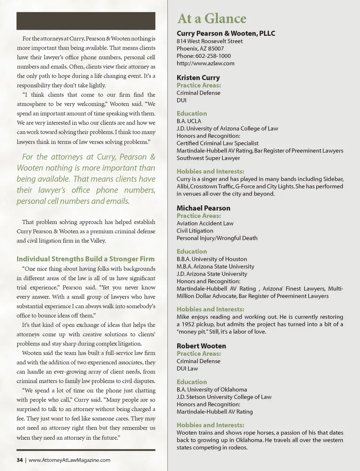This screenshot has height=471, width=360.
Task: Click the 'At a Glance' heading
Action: [211, 18]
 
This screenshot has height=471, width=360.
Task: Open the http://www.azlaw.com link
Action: [205, 63]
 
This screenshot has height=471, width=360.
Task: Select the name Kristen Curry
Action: [198, 78]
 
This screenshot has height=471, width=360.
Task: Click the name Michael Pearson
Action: [203, 208]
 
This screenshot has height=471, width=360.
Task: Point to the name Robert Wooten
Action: [201, 346]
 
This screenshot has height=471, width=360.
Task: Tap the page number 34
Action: [19, 460]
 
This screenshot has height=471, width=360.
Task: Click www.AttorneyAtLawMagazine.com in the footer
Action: [69, 460]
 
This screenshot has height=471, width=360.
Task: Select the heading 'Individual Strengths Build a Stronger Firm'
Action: [85, 259]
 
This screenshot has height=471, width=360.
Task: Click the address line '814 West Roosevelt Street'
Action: [209, 41]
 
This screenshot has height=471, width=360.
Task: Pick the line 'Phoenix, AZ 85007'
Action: [200, 48]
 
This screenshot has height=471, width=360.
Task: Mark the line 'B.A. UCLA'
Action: [189, 121]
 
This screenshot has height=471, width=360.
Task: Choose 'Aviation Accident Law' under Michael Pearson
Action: [205, 223]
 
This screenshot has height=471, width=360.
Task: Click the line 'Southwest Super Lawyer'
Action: [208, 158]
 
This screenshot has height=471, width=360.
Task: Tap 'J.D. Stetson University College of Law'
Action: [224, 397]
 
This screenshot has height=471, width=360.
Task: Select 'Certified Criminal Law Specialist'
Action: [217, 143]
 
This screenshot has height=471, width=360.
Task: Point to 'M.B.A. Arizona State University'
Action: [215, 266]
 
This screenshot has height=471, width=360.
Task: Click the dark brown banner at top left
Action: [86, 21]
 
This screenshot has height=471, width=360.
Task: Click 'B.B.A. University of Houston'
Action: [211, 259]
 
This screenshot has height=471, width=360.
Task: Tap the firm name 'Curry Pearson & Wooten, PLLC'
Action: [226, 33]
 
